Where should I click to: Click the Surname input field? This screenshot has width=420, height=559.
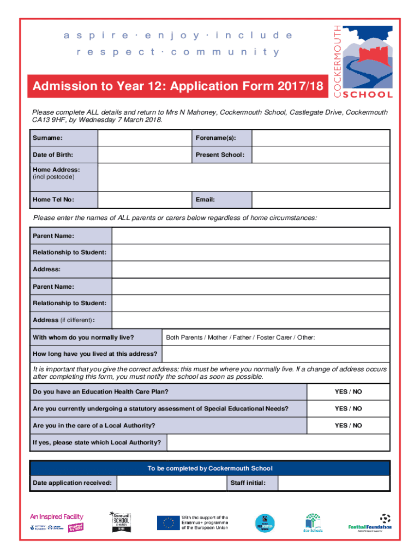click(144, 138)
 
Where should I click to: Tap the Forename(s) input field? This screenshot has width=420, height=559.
click(321, 138)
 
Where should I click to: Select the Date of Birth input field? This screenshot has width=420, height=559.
click(144, 154)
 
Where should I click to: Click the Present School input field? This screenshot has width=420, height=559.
click(321, 154)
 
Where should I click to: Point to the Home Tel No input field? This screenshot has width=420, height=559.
click(144, 200)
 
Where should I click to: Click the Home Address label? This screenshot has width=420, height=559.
click(56, 170)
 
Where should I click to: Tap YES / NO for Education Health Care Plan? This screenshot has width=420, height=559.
click(348, 392)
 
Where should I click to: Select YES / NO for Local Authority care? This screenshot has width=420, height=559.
click(348, 425)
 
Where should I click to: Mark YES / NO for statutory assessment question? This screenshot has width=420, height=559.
click(348, 408)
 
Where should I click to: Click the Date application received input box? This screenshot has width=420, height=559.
click(171, 483)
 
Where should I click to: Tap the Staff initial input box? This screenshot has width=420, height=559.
click(333, 483)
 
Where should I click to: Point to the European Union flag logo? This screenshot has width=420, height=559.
click(169, 523)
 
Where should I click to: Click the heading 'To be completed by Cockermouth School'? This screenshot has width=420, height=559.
click(210, 468)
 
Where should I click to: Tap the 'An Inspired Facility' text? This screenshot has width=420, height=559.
click(56, 516)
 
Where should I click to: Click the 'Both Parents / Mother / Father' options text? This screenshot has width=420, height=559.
click(240, 337)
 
